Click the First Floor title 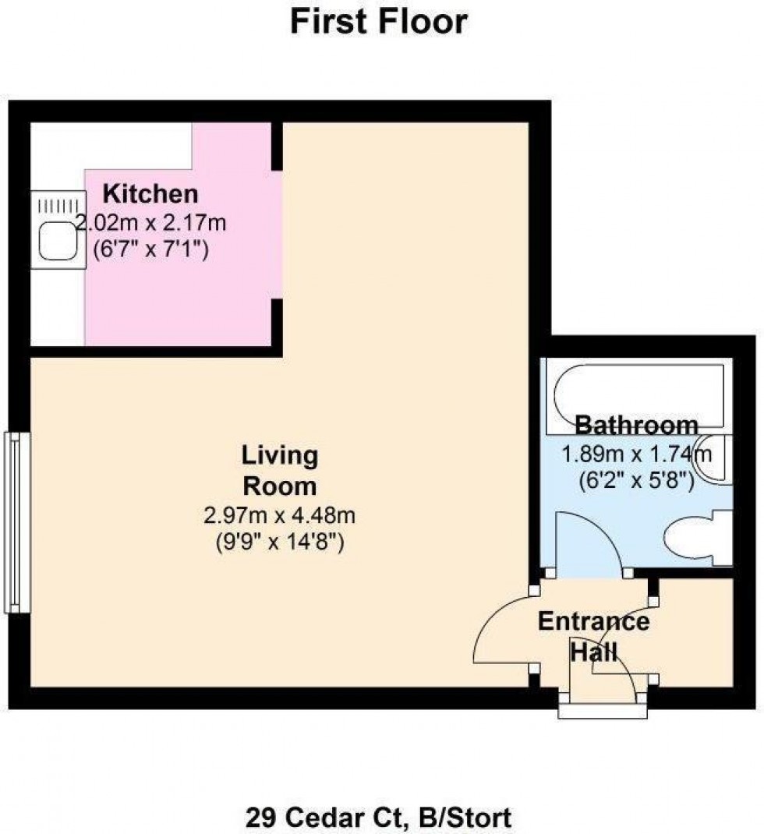click(379, 22)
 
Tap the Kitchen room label click(151, 193)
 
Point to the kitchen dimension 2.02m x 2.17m click(151, 224)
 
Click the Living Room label click(280, 470)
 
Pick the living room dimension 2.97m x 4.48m click(280, 515)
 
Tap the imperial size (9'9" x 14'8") click(280, 540)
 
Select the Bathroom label click(636, 426)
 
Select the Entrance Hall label click(594, 635)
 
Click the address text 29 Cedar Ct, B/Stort click(379, 818)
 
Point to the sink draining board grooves click(59, 207)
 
